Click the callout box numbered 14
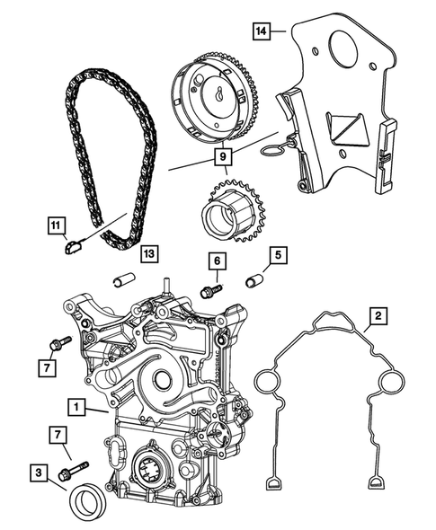point(262,32)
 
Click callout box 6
point(216,261)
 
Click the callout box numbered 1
point(82,409)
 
